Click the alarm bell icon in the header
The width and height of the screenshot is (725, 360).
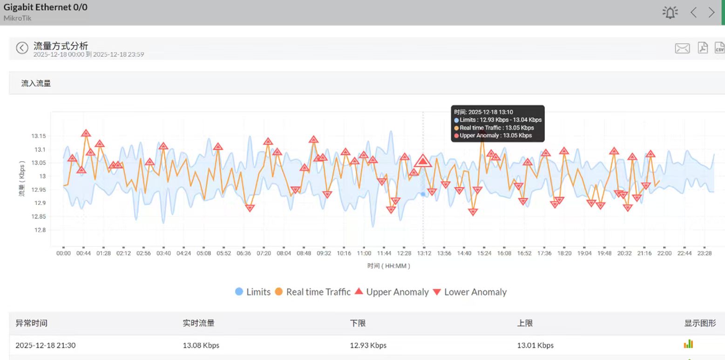point(670,13)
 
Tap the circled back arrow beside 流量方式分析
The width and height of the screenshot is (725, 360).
point(22,48)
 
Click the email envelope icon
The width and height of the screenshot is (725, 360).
point(682,48)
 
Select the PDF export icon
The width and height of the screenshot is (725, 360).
point(703,48)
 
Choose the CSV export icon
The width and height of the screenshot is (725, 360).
point(719,48)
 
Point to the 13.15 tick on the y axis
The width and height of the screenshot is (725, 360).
point(39,136)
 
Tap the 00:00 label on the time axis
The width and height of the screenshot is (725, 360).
point(63,253)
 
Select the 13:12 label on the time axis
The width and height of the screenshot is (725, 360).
point(424,253)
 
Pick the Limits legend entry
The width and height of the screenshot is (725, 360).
point(253,292)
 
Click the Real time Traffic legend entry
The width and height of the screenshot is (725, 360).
point(312,292)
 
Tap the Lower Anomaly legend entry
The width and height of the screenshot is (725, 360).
point(470,292)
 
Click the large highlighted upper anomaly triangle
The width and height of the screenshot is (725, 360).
point(423,161)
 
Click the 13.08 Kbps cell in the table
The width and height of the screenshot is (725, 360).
point(201,345)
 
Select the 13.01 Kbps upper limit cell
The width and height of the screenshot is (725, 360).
point(535,345)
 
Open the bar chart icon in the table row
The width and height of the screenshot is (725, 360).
point(688,344)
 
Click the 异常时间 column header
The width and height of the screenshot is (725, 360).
point(31,323)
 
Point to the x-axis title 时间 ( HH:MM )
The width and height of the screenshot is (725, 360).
point(388,266)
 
